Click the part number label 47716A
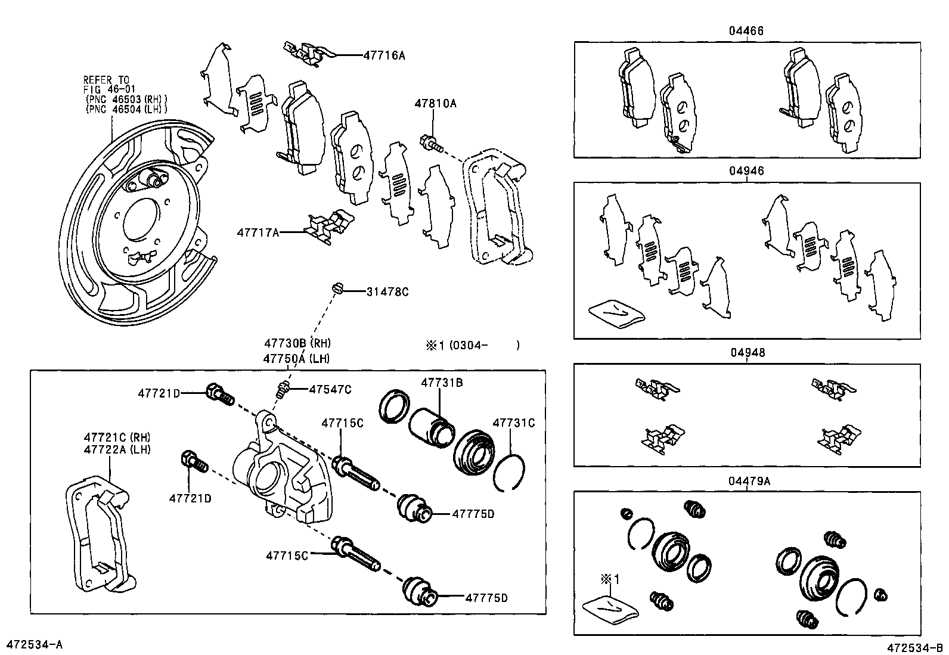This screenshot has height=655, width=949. pos(384,55)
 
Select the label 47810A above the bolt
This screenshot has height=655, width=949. pos(435,103)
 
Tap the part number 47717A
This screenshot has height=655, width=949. pos(258,232)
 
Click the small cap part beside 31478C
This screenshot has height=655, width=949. pos(337,289)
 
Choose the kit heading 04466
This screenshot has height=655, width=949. pos(745,30)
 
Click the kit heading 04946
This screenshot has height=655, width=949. pos(746,171)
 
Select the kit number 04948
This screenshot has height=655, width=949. pos(746,352)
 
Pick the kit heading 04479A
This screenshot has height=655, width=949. pos(749,480)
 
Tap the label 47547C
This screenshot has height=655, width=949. pos(330,389)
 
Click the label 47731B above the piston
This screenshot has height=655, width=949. pos(442,383)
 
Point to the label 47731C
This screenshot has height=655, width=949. pos(513,423)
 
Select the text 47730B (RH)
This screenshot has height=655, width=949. pos(297,343)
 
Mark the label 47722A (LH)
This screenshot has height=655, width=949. pos(117,449)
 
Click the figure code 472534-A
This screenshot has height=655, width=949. pos(34,644)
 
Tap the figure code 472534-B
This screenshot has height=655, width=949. pos(914,647)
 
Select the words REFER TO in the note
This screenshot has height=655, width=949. pos(106,79)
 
